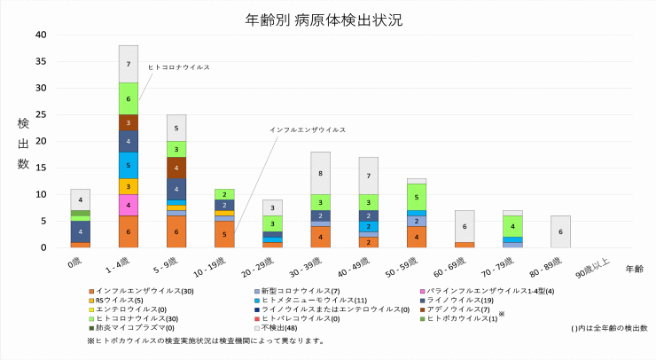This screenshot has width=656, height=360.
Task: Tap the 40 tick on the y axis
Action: (x=40, y=35)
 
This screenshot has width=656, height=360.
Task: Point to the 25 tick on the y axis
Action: (x=40, y=114)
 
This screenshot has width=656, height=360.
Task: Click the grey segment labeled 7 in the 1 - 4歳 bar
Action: (x=129, y=64)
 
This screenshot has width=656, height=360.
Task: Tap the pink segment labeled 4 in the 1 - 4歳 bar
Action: (x=129, y=205)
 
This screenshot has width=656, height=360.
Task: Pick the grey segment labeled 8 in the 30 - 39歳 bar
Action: (x=320, y=173)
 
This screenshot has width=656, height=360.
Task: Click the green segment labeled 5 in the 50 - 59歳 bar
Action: (x=416, y=197)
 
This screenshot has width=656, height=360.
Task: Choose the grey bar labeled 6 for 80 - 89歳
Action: (x=559, y=231)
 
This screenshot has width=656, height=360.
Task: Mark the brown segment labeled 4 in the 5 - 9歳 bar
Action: (x=176, y=168)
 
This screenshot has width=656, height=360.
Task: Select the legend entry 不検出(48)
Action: (x=279, y=327)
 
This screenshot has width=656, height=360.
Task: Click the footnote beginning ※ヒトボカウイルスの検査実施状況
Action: (x=206, y=340)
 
